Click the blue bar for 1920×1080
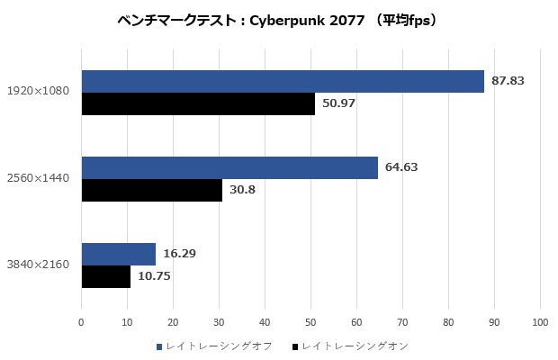[283, 81]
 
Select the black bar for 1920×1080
[198, 103]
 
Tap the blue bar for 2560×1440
[229, 167]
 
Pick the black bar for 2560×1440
[152, 190]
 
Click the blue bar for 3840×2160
[118, 254]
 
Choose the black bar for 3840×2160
[106, 276]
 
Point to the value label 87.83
[508, 81]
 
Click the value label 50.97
[338, 103]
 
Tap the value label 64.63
[401, 167]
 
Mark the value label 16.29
[178, 254]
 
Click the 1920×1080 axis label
[39, 92]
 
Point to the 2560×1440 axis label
[39, 178]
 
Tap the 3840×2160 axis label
[39, 265]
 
